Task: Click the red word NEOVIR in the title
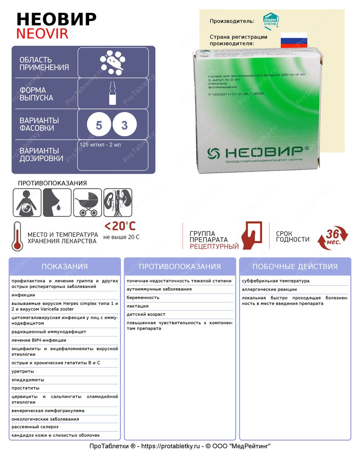click(x=42, y=34)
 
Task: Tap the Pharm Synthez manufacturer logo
click(x=271, y=20)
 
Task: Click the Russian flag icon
click(x=294, y=40)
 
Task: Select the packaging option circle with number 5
click(x=99, y=126)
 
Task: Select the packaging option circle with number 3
click(x=124, y=126)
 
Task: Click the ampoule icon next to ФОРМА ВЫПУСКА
click(x=113, y=94)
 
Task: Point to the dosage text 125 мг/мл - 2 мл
click(x=100, y=145)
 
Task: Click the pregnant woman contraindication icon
click(x=27, y=202)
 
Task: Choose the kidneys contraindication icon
click(x=118, y=202)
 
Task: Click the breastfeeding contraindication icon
click(x=57, y=202)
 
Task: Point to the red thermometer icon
click(x=17, y=236)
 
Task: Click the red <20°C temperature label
click(x=120, y=226)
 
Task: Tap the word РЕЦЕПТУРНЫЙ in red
click(x=214, y=247)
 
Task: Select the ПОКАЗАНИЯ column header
click(x=64, y=267)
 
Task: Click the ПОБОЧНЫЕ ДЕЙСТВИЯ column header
click(x=295, y=267)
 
